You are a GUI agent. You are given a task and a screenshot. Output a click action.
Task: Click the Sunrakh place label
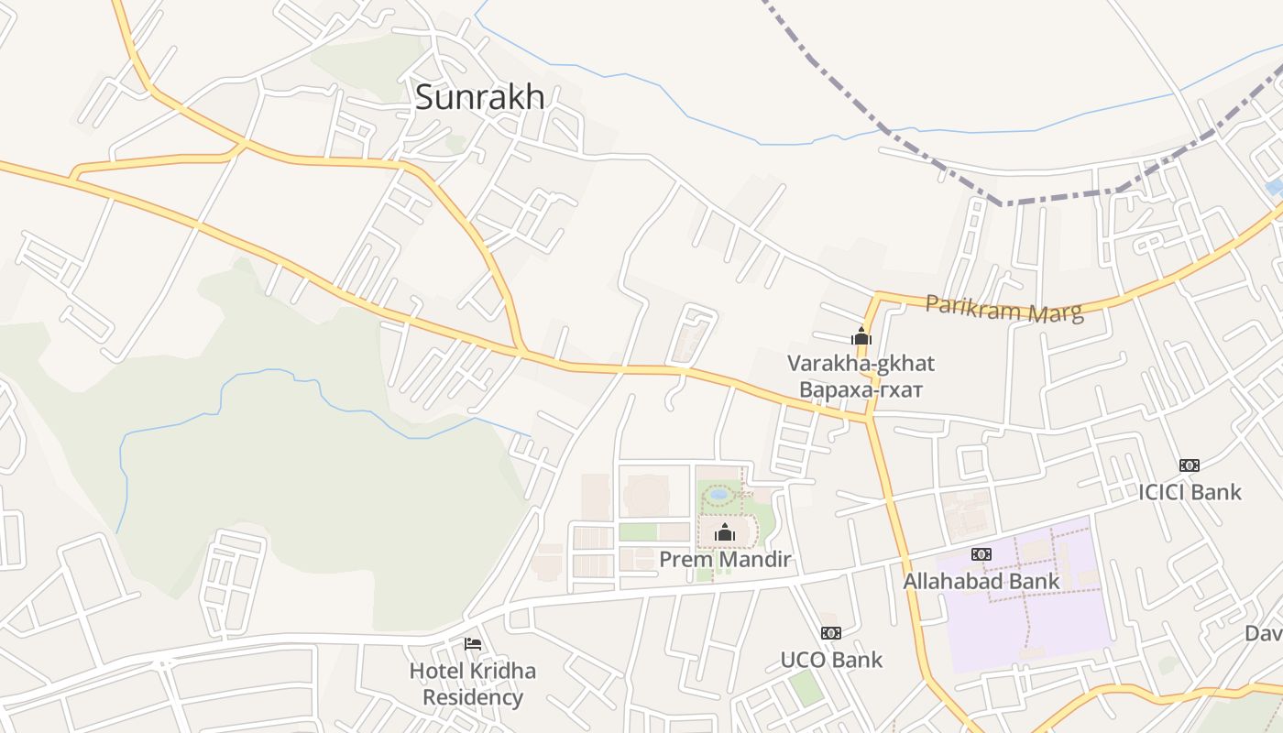(x=479, y=97)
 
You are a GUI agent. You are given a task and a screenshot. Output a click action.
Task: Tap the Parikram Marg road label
(x=1004, y=309)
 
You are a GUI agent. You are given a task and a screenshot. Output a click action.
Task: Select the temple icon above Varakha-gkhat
(x=861, y=336)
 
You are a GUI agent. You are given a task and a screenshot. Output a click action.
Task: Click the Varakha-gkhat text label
(x=861, y=364)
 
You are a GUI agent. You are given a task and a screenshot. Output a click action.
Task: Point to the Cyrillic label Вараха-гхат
(x=861, y=389)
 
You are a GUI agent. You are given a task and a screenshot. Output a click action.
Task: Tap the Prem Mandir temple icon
(x=725, y=532)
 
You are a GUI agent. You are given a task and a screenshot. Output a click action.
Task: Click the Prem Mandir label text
(x=725, y=559)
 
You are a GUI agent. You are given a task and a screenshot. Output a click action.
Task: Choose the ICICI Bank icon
(x=1190, y=465)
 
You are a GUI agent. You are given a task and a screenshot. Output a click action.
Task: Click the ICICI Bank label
(x=1190, y=492)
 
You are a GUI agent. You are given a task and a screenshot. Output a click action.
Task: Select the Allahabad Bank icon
(x=981, y=554)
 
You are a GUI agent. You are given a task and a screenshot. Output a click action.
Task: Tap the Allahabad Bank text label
(x=981, y=581)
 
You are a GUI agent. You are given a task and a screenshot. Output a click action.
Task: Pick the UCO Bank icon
(x=831, y=633)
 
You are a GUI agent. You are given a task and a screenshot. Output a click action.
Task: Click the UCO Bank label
(x=831, y=660)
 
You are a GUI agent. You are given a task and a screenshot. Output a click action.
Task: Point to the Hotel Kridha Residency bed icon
(x=473, y=644)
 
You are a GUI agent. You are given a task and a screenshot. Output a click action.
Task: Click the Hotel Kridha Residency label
(x=473, y=684)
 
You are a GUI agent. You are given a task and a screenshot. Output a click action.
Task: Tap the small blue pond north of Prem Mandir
(x=719, y=494)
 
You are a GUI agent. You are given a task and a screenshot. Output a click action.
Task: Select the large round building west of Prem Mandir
(x=646, y=495)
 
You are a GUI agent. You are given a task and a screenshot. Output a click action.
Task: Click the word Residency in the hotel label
(x=473, y=697)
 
